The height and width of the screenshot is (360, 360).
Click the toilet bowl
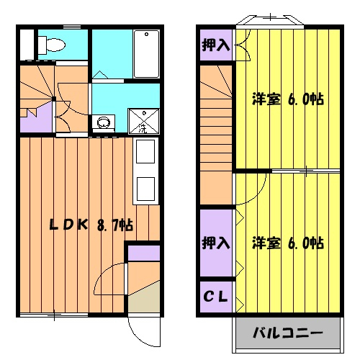click(52, 45)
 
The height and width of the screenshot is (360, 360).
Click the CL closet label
click(215, 295)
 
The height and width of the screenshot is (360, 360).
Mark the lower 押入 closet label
click(215, 242)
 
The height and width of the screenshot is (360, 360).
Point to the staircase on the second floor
click(215, 130)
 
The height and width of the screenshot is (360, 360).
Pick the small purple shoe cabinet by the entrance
click(143, 252)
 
